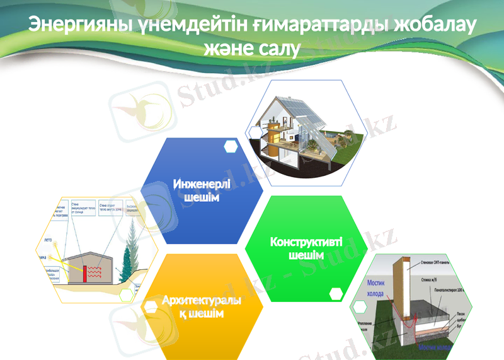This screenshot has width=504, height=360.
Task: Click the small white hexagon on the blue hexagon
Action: tap(231, 147)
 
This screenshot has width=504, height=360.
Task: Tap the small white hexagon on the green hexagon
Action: tap(336, 293)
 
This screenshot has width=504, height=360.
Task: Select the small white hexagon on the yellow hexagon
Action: tap(151, 306)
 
